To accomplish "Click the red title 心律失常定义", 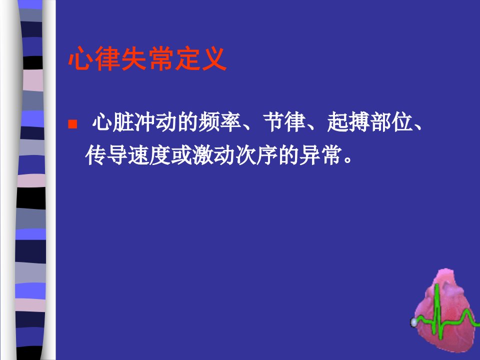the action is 147,59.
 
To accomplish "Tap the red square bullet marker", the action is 72,124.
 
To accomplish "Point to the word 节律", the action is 284,122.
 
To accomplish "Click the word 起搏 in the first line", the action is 348,122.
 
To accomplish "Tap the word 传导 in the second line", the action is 106,155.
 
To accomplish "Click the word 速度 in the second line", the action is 149,155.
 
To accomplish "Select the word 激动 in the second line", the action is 213,155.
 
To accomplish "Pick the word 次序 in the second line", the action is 256,155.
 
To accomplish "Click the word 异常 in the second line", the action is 320,155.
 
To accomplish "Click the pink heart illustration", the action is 445,310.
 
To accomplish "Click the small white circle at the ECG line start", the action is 413,322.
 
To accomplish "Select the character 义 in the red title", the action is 214,59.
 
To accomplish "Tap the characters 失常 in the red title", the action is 147,59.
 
